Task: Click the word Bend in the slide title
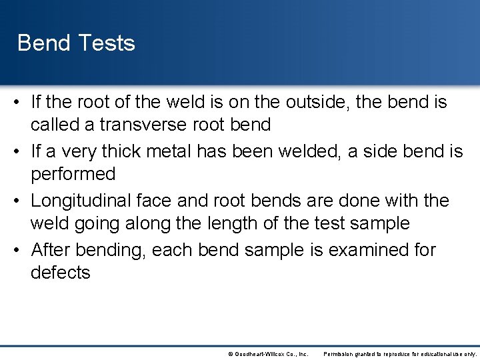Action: [43, 43]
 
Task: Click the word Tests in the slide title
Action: [107, 43]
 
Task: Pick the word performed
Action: [73, 175]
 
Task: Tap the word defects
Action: [60, 273]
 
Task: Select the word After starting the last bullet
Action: [51, 250]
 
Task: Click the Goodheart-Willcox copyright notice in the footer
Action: [267, 353]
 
